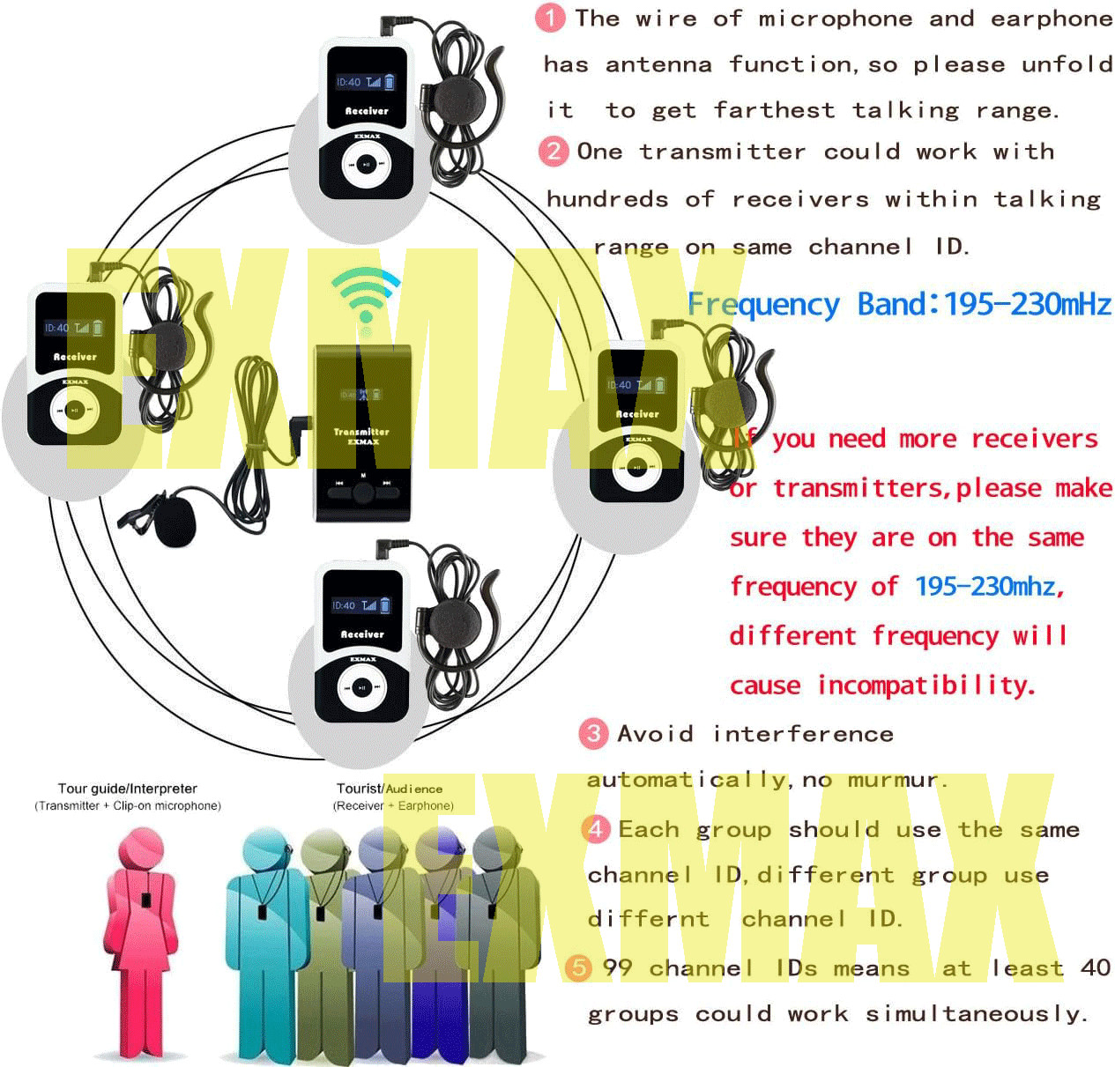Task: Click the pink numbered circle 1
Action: [x=550, y=18]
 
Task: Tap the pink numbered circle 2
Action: [x=553, y=151]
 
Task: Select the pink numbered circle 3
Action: [x=593, y=733]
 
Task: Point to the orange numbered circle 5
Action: [x=578, y=967]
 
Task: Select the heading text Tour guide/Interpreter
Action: [x=128, y=789]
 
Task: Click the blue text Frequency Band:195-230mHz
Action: [x=899, y=304]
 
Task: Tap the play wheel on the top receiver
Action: [x=364, y=165]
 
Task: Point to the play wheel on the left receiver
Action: [x=75, y=411]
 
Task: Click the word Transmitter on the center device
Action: [x=361, y=432]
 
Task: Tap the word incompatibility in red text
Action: [x=925, y=685]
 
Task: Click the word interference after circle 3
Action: [x=803, y=733]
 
